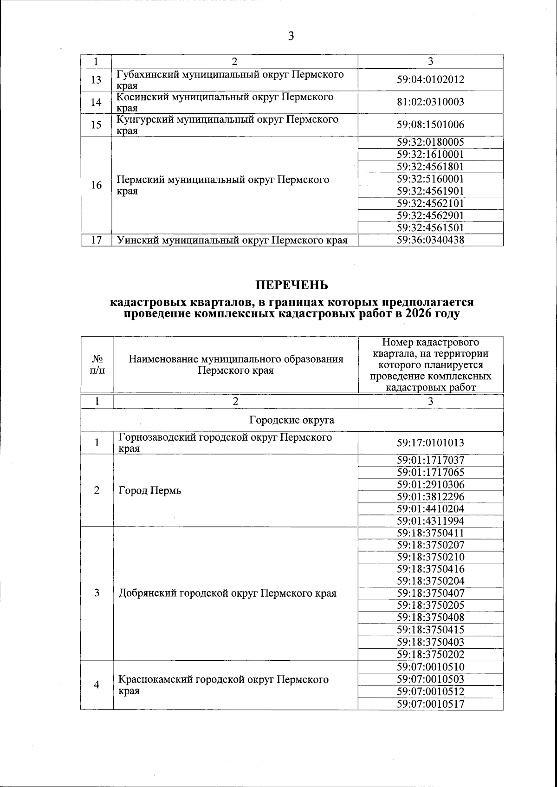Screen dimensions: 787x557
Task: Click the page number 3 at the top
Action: click(x=291, y=36)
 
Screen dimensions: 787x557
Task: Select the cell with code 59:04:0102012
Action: click(x=430, y=79)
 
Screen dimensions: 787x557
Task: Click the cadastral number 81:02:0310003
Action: click(x=430, y=102)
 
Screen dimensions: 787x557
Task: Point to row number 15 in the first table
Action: click(x=96, y=125)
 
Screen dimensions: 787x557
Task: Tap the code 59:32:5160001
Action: click(x=430, y=179)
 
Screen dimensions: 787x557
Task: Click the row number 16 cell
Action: click(x=96, y=185)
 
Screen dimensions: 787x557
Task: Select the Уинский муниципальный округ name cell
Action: click(x=232, y=240)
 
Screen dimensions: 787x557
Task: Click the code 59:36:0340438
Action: click(x=430, y=240)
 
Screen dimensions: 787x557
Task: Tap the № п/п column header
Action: click(x=97, y=365)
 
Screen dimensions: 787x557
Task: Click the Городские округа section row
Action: click(x=291, y=420)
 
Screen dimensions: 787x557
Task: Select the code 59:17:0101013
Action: click(x=430, y=443)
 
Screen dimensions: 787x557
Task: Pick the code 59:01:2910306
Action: click(x=430, y=485)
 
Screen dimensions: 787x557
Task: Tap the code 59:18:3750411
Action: click(x=430, y=533)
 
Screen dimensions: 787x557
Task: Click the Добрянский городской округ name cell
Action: click(x=227, y=593)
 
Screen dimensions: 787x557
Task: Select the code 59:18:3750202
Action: click(x=430, y=654)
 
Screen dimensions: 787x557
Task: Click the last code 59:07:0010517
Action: click(x=430, y=704)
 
